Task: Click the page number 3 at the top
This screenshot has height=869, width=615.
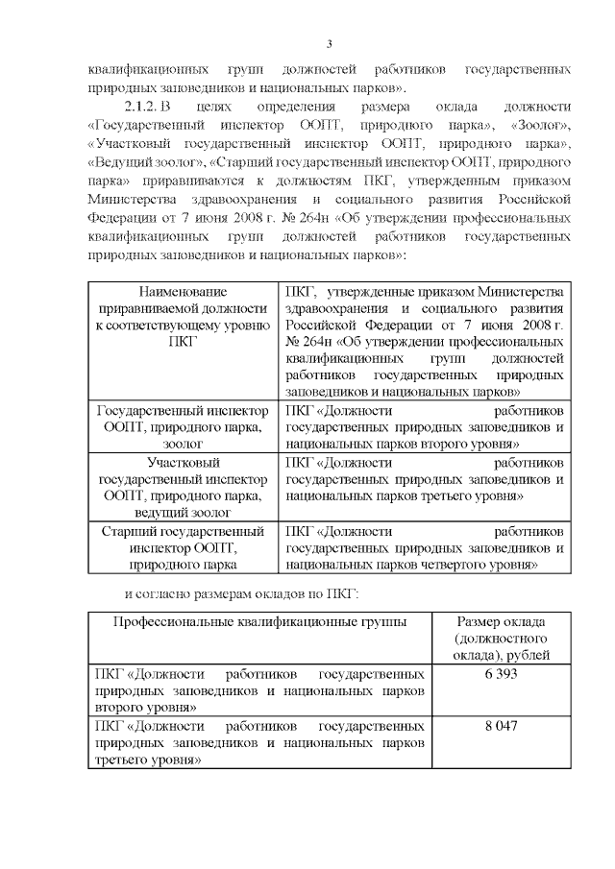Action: pyautogui.click(x=329, y=44)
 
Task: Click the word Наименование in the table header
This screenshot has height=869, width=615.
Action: pyautogui.click(x=182, y=292)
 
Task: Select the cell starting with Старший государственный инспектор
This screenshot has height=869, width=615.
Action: pyautogui.click(x=182, y=547)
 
